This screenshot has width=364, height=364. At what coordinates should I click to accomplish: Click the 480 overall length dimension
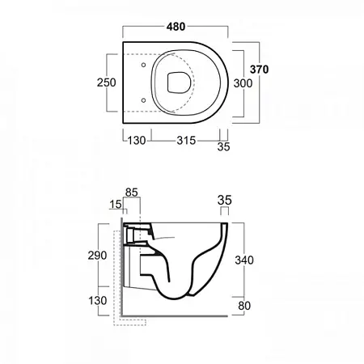click(x=176, y=27)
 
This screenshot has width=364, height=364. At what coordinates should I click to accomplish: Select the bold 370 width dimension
click(x=259, y=70)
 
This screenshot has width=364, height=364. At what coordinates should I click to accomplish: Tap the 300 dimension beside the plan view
click(x=243, y=83)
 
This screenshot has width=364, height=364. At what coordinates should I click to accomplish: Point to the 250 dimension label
click(x=107, y=83)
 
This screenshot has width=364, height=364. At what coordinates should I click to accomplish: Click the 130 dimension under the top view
click(x=137, y=141)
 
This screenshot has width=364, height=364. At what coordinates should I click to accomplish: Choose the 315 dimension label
click(x=186, y=141)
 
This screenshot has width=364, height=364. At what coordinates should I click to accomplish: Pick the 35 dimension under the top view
click(x=223, y=146)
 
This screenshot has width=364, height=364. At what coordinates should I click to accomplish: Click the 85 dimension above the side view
click(x=132, y=193)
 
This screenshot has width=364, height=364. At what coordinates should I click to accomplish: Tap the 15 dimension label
click(x=116, y=204)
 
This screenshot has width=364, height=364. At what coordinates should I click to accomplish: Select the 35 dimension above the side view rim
click(x=225, y=201)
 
